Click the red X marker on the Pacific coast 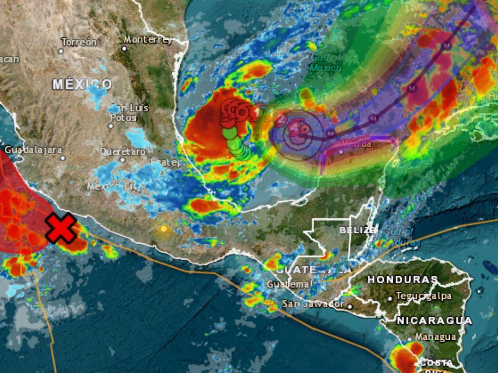point(61,228)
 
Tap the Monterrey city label point(148,40)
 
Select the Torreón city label point(79,42)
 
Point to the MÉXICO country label point(82,84)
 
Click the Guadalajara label point(33,150)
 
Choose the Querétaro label point(123,152)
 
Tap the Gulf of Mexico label point(326,62)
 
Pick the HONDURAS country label point(403,279)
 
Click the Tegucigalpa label point(423,296)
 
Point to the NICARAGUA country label point(434,320)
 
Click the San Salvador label point(313,304)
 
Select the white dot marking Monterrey point(124,49)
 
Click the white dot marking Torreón point(61,51)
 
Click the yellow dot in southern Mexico point(164,229)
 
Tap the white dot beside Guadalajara point(62,158)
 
